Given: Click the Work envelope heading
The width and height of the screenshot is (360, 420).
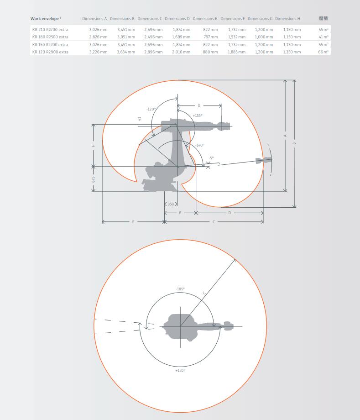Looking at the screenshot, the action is point(44,18).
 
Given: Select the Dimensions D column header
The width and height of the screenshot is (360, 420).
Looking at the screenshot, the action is point(177,18).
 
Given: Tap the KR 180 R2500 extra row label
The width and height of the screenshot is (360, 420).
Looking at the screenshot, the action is point(50,37).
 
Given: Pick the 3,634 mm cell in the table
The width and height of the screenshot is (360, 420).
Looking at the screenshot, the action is point(126,52).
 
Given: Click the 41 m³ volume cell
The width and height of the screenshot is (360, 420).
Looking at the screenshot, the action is point(323,37).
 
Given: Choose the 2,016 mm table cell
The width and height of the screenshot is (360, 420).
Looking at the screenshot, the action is point(181,52).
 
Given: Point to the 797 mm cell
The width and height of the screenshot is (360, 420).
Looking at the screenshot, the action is point(210,37).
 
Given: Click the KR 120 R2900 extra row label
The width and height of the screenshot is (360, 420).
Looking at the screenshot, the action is point(50,52).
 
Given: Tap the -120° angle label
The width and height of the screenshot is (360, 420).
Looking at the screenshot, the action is point(151,109).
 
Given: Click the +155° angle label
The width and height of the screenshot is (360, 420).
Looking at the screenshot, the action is point(198,115).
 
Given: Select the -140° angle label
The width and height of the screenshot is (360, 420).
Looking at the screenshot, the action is point(200,145).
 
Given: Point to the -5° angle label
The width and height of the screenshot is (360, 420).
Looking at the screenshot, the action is point(211,158).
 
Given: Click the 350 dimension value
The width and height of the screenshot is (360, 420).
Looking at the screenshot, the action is point(171,204).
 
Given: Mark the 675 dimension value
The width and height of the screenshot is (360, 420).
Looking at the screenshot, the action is point(94,179).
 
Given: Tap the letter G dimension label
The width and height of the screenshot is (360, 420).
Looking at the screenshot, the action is point(199,105).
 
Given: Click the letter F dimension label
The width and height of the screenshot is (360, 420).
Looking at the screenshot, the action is point(133,222).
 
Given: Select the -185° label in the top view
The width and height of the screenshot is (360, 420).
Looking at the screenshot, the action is point(180,289).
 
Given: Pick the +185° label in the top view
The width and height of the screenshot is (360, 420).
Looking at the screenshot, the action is point(180,370).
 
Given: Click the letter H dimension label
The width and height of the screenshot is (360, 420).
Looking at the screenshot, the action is point(94,146).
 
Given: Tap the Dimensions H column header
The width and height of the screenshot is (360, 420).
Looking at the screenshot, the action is point(287,18).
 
